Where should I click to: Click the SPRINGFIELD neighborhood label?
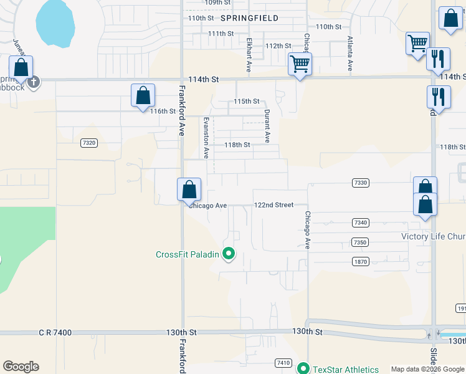pos(247,18)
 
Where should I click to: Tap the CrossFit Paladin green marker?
pos(229,254)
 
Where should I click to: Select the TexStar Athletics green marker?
pos(303,368)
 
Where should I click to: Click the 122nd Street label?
pos(273,205)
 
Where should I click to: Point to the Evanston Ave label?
pos(205,138)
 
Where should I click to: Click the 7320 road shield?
pos(89,143)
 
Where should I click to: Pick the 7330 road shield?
pos(360,183)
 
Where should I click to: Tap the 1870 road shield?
pos(360,261)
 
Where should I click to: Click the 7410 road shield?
pos(283,362)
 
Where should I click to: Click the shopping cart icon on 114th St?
pos(300,64)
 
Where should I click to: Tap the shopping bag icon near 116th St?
pos(143,95)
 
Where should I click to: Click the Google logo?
pos(21,367)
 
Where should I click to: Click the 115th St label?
pos(246,101)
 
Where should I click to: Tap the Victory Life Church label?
pos(434,236)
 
